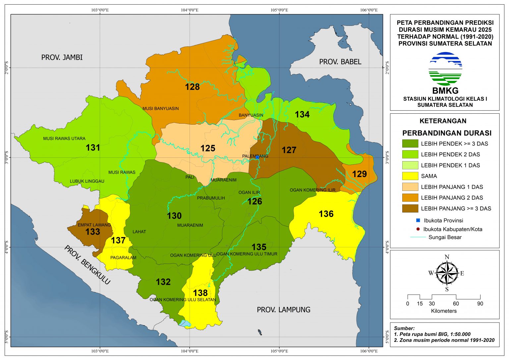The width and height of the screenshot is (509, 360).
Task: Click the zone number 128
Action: tap(192, 87)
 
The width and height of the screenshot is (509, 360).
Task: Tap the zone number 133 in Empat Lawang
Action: tap(93, 231)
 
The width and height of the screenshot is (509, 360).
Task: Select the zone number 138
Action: tap(200, 293)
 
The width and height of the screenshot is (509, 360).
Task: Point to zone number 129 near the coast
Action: tap(360, 174)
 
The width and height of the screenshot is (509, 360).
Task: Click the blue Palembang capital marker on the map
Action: tap(257, 157)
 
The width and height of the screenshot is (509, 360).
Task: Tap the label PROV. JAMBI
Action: tap(62, 57)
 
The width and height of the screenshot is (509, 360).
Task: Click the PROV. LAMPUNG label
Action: tap(284, 310)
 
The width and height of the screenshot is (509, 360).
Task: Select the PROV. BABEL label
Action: tap(340, 62)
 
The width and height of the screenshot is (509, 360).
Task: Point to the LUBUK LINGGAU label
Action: tap(87, 181)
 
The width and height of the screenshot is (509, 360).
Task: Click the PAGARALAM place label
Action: tap(123, 258)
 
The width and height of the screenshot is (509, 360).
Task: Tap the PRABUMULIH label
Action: tap(211, 198)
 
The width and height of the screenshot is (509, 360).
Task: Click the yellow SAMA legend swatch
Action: tap(410, 176)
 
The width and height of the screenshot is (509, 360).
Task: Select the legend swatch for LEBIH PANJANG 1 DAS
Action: tap(410, 187)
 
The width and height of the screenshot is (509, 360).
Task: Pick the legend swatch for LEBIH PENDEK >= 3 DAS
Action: tap(410, 144)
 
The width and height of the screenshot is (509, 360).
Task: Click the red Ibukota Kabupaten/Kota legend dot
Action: tap(418, 229)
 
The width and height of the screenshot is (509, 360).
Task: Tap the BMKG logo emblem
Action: tap(445, 69)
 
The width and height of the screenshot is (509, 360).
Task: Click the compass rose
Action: tap(447, 273)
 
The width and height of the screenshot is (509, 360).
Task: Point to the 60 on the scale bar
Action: tap(456, 304)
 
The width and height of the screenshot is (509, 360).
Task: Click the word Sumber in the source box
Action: tap(404, 328)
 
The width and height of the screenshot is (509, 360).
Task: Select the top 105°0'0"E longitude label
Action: tap(279, 10)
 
